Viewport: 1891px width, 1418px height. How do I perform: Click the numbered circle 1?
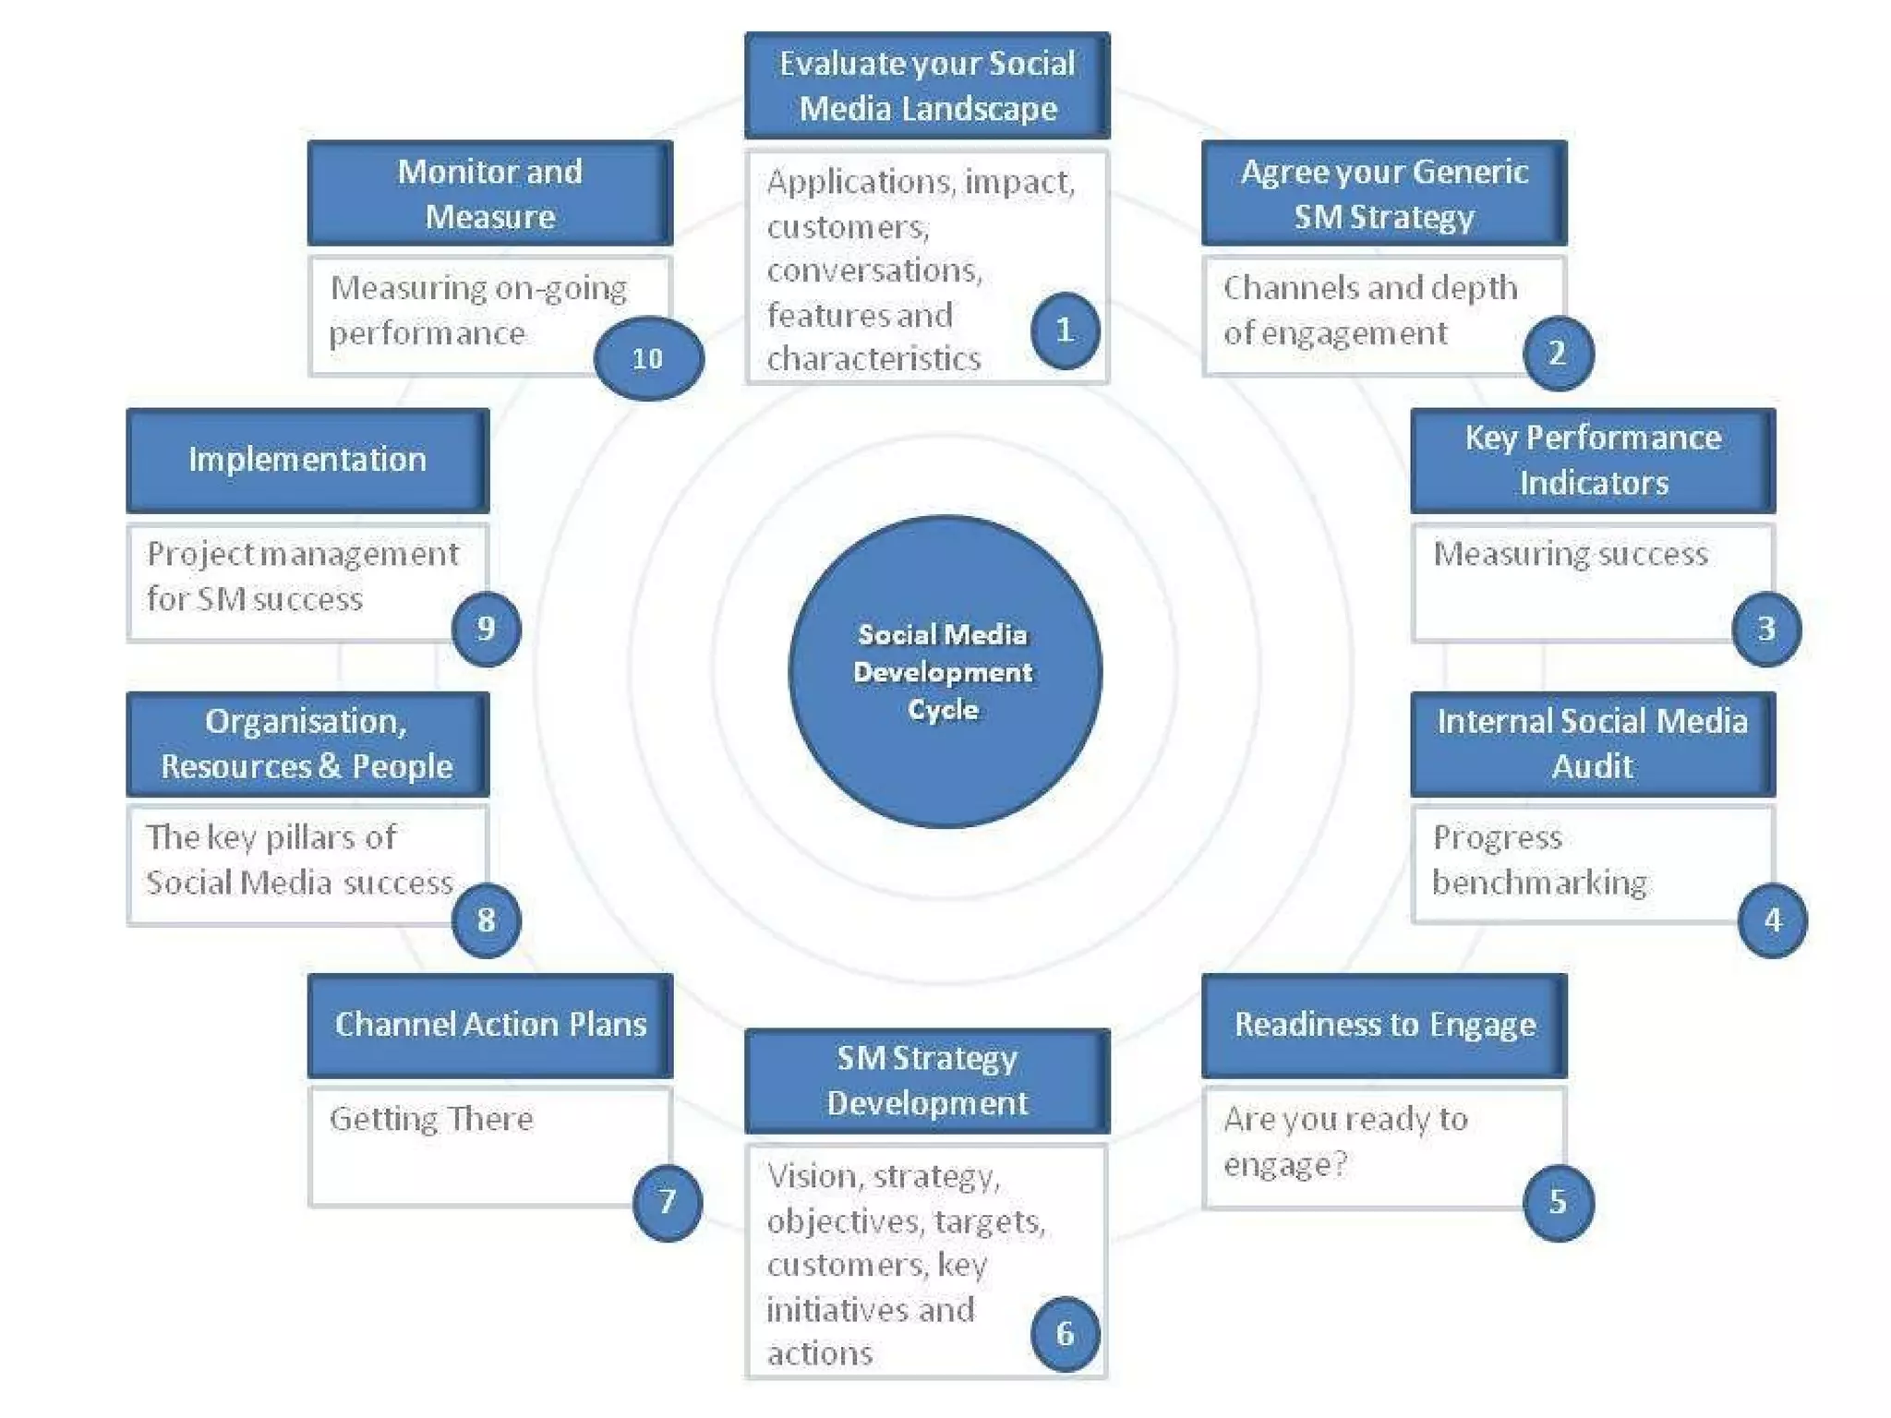pos(1065,330)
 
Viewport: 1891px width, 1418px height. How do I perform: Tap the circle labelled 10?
pos(648,358)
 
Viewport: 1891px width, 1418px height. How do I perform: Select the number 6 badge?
pos(1065,1333)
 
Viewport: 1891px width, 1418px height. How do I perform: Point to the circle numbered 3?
pos(1765,629)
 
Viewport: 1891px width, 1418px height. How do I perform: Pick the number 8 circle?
pos(486,919)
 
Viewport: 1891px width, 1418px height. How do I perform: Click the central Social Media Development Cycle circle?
pos(944,671)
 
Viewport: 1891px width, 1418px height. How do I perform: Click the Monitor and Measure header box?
pos(490,194)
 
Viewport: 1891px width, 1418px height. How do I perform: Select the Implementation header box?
pos(307,460)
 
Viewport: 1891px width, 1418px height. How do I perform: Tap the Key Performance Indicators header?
pos(1593,460)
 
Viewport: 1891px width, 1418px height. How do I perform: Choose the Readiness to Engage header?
pos(1384,1025)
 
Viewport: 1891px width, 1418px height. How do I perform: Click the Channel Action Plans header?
pos(490,1025)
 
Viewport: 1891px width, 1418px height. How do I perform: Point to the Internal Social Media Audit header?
pos(1593,743)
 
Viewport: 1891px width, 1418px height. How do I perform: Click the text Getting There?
pos(431,1119)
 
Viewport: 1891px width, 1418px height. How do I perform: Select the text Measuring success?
pos(1570,554)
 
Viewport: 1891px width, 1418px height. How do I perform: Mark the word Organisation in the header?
pos(306,721)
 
